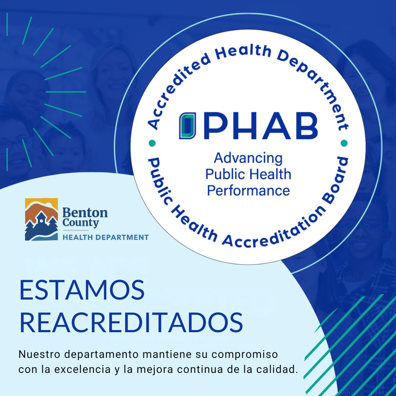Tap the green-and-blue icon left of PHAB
tap(187, 126)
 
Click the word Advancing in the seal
tap(248, 159)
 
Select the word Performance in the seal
tap(248, 191)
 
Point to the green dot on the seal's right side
tap(344, 143)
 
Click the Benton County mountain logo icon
tap(41, 219)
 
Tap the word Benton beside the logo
tap(85, 212)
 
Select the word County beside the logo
tap(80, 223)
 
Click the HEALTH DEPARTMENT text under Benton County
tap(106, 238)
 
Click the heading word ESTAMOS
tap(82, 290)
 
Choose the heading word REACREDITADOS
tap(131, 323)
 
